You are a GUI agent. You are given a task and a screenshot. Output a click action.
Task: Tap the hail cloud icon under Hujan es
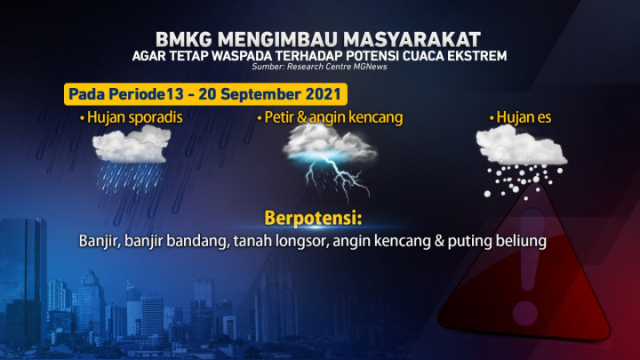pos(520,156)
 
